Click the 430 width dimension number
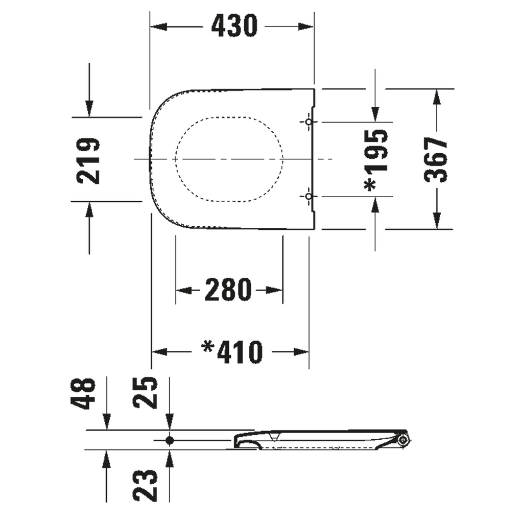pyautogui.click(x=234, y=26)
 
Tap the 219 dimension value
pyautogui.click(x=88, y=161)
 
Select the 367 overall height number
pyautogui.click(x=436, y=160)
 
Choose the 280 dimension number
pyautogui.click(x=228, y=290)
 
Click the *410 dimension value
pyautogui.click(x=232, y=352)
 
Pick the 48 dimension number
pyautogui.click(x=83, y=393)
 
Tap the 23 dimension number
pyautogui.click(x=145, y=485)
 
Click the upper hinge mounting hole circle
pyautogui.click(x=309, y=122)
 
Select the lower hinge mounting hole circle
pyautogui.click(x=309, y=196)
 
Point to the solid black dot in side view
pyautogui.click(x=170, y=440)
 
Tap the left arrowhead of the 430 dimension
pyautogui.click(x=159, y=27)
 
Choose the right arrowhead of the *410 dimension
pyautogui.click(x=301, y=351)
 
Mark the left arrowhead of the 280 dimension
pyautogui.click(x=184, y=290)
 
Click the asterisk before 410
pyautogui.click(x=208, y=347)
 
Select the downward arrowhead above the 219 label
pyautogui.click(x=89, y=109)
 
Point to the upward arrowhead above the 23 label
pyautogui.click(x=170, y=458)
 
